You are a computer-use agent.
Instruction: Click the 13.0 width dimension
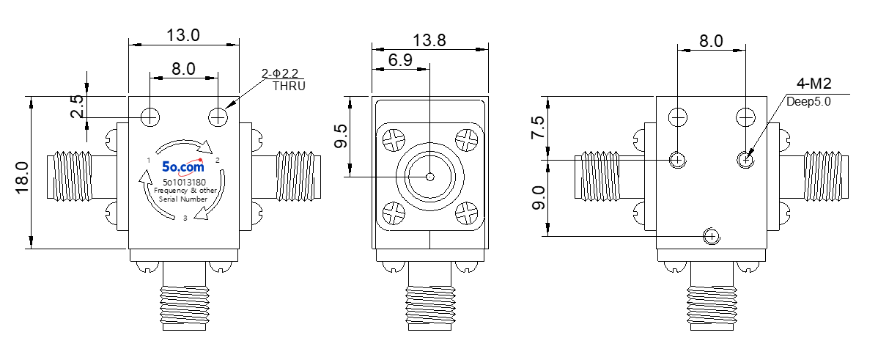(x=183, y=34)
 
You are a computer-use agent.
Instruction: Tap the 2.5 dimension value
(x=78, y=106)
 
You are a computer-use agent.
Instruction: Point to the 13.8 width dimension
(x=429, y=40)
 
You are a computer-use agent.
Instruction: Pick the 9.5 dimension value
(x=342, y=136)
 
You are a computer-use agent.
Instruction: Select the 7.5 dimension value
(x=537, y=128)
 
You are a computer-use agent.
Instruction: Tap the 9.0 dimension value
(x=537, y=198)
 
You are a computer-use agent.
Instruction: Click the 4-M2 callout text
(x=814, y=84)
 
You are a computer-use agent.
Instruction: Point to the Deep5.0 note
(x=808, y=102)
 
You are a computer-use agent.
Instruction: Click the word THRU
(x=289, y=87)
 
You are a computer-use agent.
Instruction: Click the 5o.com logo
(x=183, y=166)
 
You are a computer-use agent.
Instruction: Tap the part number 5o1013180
(x=184, y=182)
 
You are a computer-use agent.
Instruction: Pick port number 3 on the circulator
(x=185, y=218)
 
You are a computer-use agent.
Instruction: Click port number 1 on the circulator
(x=148, y=161)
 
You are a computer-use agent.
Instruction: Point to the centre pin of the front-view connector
(x=429, y=177)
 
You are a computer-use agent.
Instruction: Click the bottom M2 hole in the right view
(x=711, y=237)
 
